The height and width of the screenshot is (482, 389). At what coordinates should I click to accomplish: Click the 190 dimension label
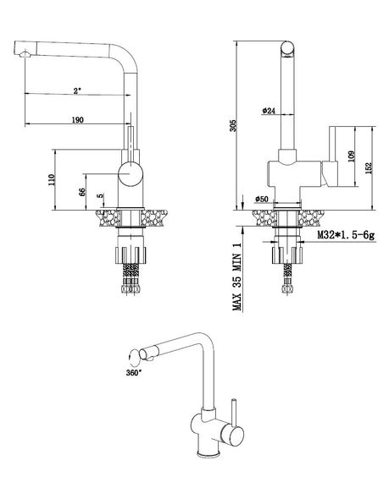click(78, 119)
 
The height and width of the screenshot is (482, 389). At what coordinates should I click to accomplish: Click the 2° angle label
click(77, 90)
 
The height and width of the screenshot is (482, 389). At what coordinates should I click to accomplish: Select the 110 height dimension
click(51, 179)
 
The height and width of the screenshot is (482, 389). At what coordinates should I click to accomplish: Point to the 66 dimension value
click(82, 192)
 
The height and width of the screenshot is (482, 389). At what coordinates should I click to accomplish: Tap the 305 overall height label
click(233, 126)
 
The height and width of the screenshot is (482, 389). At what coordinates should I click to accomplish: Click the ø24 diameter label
click(269, 111)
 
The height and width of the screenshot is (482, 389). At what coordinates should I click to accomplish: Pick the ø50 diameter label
click(262, 199)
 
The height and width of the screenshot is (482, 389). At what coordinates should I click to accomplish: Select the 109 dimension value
click(352, 156)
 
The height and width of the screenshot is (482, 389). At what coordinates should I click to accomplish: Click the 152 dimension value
click(369, 167)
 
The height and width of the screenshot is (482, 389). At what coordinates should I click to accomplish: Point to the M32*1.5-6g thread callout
click(346, 235)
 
